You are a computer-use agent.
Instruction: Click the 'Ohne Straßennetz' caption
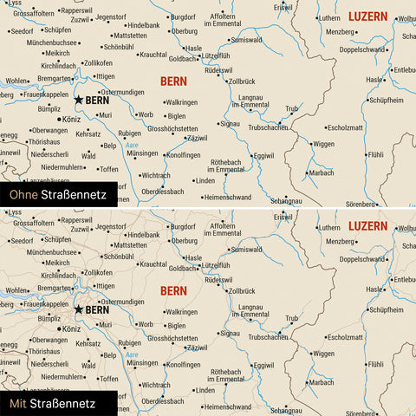[55, 196]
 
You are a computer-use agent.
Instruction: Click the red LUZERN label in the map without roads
[367, 16]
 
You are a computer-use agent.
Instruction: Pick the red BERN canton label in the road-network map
[173, 289]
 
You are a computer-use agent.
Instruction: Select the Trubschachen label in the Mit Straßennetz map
[270, 336]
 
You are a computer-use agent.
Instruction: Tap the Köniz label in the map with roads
[71, 329]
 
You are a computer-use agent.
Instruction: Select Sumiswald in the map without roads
[246, 40]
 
